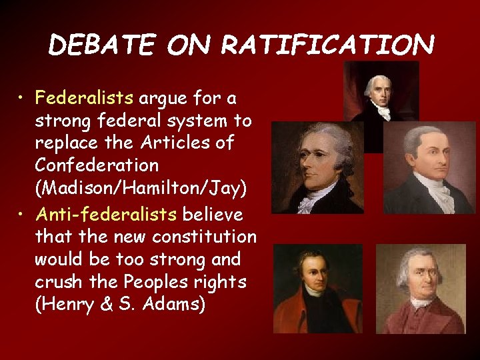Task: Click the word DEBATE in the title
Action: (101, 45)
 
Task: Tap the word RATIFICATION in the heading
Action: (327, 45)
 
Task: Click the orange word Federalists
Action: (85, 99)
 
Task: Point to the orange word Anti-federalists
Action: (106, 215)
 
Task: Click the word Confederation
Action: (97, 165)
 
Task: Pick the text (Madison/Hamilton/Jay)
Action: (141, 189)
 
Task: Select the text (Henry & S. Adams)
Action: (120, 305)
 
